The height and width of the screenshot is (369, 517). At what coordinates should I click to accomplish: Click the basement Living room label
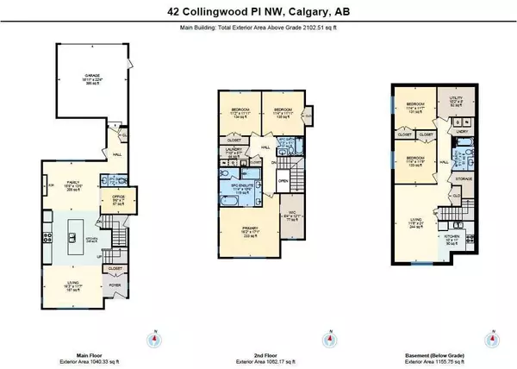click(x=420, y=226)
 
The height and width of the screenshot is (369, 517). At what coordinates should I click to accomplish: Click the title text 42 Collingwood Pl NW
click(x=258, y=12)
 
